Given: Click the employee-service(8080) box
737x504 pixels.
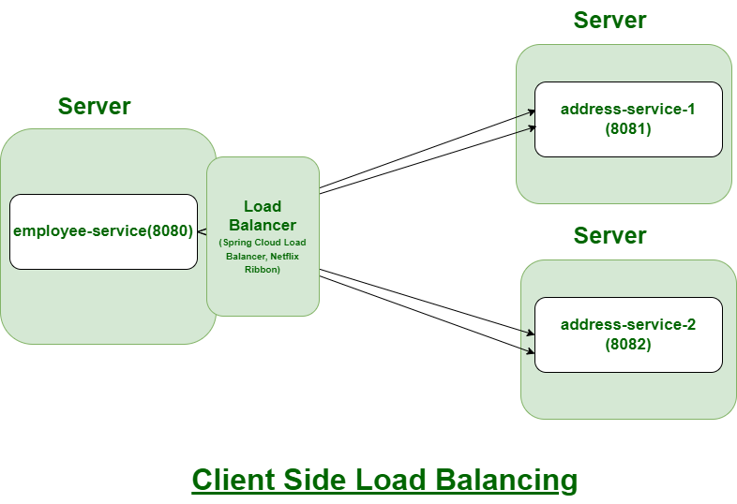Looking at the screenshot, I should [x=103, y=231].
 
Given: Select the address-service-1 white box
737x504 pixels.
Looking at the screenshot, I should [x=628, y=119].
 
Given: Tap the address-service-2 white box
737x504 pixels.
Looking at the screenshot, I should [x=628, y=334].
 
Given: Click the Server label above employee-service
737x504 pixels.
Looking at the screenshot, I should [x=94, y=106].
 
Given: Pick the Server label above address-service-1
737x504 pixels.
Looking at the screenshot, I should [x=609, y=20].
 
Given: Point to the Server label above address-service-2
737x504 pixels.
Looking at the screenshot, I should [x=609, y=235].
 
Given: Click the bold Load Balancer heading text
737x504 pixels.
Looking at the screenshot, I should [x=263, y=215].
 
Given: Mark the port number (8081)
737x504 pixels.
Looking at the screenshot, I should [x=628, y=128].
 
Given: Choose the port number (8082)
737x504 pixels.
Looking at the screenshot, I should [x=628, y=344].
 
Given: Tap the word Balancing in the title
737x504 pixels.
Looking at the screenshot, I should [x=506, y=480].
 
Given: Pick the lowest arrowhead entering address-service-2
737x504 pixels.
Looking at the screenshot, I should [x=531, y=352].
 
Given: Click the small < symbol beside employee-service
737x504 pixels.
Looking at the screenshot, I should [x=202, y=232].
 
